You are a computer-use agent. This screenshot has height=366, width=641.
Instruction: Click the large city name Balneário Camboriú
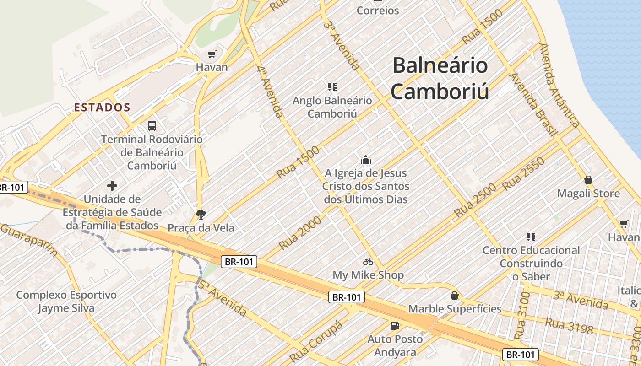[440, 78]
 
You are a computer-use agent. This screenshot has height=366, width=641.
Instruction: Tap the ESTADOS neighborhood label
[102, 108]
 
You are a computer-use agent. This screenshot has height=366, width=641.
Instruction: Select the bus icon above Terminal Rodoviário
[152, 125]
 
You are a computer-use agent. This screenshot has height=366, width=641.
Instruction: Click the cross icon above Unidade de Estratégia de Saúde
[112, 186]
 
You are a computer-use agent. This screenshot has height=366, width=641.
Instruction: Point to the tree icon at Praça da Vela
[200, 214]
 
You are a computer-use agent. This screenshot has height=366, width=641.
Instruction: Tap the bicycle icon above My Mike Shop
[368, 262]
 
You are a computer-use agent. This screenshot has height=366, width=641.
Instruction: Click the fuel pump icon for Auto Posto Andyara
[395, 326]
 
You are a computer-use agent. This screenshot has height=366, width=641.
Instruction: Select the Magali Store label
[588, 194]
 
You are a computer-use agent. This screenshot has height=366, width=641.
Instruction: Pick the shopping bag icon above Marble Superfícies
[455, 296]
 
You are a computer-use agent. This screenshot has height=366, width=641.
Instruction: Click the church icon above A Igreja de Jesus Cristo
[365, 160]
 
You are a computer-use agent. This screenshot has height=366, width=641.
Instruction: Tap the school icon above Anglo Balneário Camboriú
[332, 86]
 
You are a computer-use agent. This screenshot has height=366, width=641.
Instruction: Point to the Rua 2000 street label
[300, 233]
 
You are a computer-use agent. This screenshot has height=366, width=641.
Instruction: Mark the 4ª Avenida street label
[270, 91]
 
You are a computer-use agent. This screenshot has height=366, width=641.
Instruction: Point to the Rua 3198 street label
[570, 326]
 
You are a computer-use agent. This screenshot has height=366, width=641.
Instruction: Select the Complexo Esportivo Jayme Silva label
[66, 301]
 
